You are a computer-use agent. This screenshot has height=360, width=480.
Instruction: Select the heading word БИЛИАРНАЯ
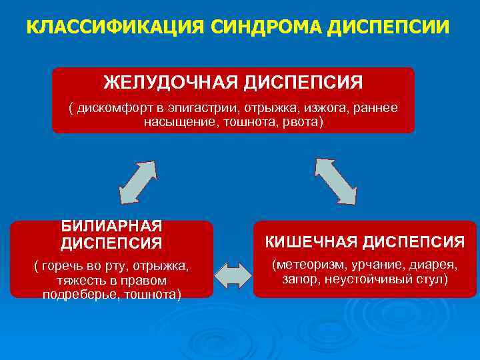(x=112, y=227)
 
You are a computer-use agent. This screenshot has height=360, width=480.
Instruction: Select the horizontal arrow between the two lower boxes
(x=233, y=275)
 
